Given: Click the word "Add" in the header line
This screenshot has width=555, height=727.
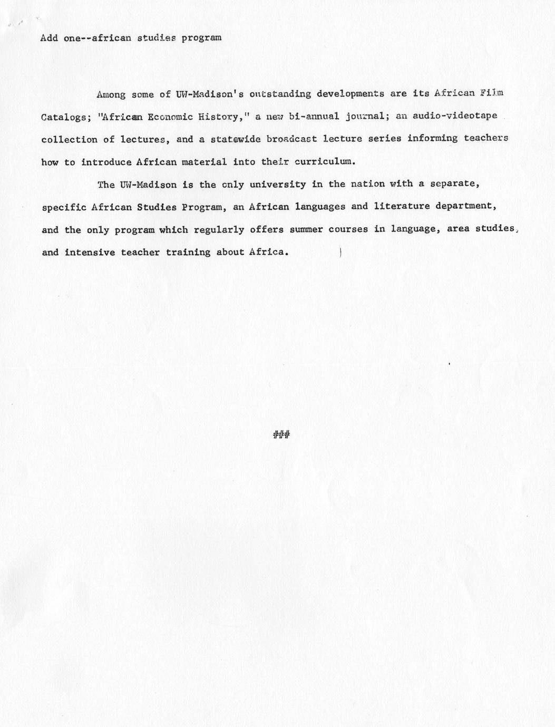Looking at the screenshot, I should [x=49, y=38].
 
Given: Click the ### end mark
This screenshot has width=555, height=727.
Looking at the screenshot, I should [x=282, y=434].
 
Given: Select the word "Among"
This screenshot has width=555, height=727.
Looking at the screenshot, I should [x=111, y=95].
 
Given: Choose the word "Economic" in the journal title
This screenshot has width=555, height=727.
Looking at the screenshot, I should [x=170, y=117].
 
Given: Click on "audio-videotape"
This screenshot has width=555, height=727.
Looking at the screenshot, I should [x=454, y=116].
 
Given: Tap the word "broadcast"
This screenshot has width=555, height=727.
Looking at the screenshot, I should [x=288, y=139].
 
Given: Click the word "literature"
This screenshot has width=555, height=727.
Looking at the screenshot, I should [x=402, y=206].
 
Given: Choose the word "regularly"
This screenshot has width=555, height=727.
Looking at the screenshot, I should [x=219, y=229].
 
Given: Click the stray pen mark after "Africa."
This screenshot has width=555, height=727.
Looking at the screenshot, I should [x=341, y=252].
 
